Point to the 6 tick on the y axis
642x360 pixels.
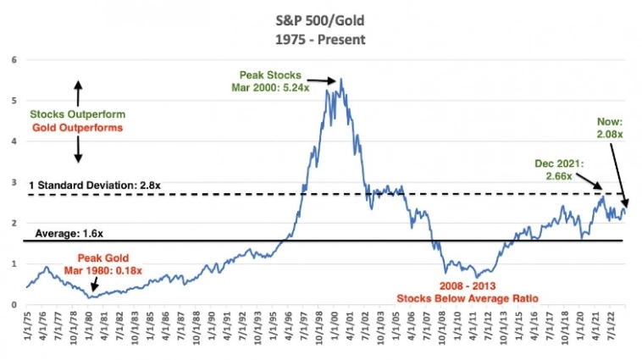[x=13, y=59]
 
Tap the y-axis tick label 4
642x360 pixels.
[x=13, y=141]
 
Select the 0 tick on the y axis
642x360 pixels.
[x=13, y=305]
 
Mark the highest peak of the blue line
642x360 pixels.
[x=340, y=80]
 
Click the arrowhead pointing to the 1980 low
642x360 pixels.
[x=91, y=294]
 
